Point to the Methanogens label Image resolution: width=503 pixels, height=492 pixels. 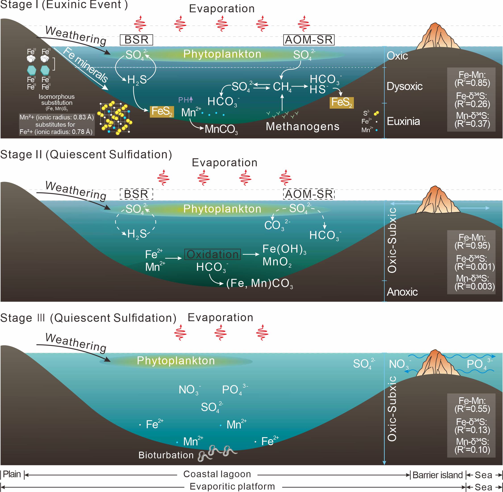coord(303,126)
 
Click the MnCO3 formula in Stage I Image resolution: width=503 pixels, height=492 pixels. coord(221,130)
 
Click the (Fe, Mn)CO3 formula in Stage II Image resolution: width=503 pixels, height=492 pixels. coord(259,284)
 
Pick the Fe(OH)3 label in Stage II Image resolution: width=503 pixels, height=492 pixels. coord(284,249)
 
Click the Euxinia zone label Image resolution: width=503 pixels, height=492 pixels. coord(403,121)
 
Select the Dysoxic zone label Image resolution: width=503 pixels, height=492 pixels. coord(404,86)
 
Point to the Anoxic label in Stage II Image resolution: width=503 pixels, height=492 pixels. coord(402,292)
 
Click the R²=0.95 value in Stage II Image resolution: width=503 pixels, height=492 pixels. coord(472,245)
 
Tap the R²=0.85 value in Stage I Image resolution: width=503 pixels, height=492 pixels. coord(472,83)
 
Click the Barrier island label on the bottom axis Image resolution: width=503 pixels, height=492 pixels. coord(437,475)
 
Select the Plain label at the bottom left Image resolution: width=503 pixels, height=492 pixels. coord(12,474)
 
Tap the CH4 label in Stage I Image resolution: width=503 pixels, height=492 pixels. coord(282,87)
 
